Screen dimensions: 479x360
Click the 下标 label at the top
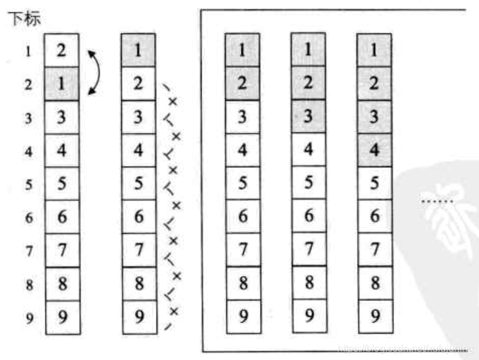(x=24, y=18)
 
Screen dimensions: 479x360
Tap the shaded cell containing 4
(x=374, y=149)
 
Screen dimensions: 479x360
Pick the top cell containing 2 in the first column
(x=61, y=50)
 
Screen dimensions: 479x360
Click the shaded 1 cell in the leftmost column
(x=61, y=83)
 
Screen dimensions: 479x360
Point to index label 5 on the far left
(x=28, y=183)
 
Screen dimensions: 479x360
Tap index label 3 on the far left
(x=28, y=117)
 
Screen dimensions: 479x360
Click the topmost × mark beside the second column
(x=174, y=101)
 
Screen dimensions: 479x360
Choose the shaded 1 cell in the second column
(x=139, y=50)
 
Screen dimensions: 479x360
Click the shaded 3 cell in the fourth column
(x=308, y=116)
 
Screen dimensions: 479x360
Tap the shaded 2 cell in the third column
(x=243, y=83)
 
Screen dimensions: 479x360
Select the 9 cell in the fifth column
(x=374, y=316)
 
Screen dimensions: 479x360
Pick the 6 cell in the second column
(x=139, y=216)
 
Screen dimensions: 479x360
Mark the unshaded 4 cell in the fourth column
(x=308, y=150)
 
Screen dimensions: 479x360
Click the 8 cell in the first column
(x=61, y=283)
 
